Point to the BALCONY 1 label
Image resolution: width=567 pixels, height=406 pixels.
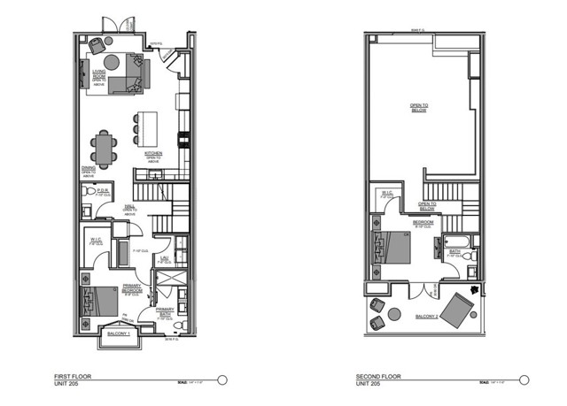119,334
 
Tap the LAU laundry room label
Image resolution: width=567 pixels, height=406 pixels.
162,257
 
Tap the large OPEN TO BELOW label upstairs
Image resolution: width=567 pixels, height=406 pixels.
417,108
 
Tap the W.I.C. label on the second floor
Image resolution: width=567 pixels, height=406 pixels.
387,193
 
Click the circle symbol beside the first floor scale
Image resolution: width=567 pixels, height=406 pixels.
222,379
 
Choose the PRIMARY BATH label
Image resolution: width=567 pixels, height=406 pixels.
165,310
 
